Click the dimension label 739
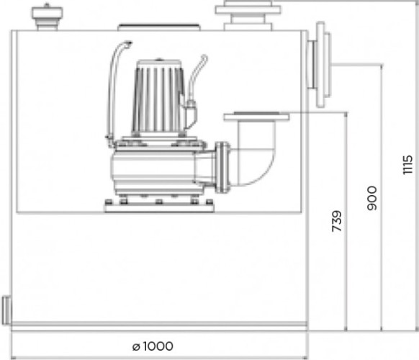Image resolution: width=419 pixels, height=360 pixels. coord(336,221)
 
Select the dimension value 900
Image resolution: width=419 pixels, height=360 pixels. coord(371,198)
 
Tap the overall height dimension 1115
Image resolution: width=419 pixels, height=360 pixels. coord(407,165)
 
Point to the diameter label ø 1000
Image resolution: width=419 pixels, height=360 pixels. coord(153,346)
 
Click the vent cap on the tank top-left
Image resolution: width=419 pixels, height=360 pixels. coord(47,17)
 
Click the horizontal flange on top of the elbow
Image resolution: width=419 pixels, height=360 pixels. coord(256,116)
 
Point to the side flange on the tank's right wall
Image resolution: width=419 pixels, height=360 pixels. coord(319,65)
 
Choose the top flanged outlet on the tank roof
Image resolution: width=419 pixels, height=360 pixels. coord(248,15)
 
